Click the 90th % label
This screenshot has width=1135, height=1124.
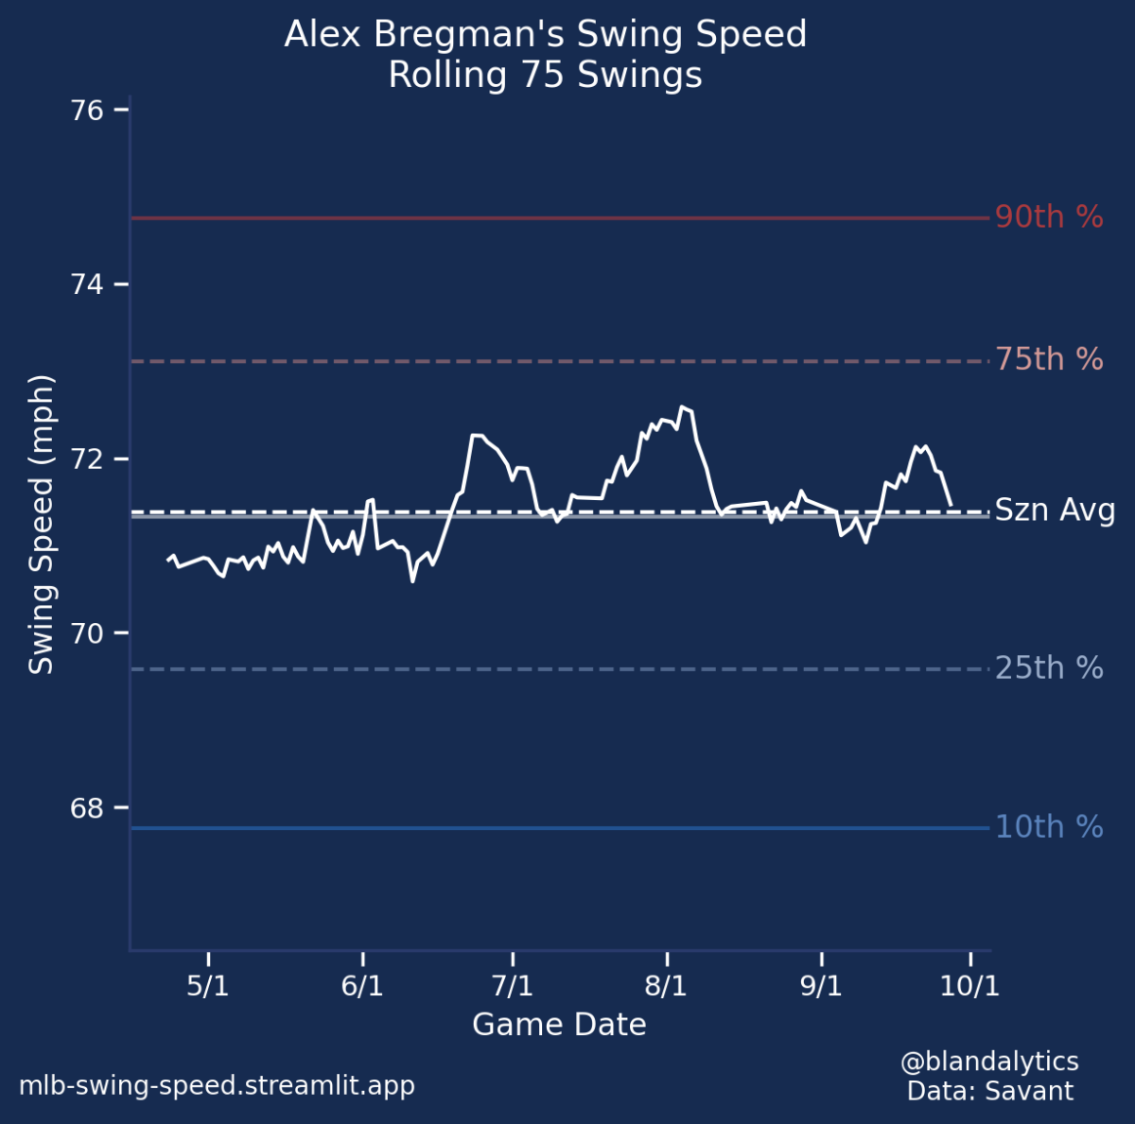click(x=1048, y=217)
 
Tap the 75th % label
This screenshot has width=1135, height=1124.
click(x=1048, y=360)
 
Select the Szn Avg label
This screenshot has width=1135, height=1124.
click(x=1055, y=511)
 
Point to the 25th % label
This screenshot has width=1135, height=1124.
click(x=1048, y=668)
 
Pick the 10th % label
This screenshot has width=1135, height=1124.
click(x=1048, y=827)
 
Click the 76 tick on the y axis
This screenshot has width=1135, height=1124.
click(x=87, y=111)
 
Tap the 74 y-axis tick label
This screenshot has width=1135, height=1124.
click(x=87, y=285)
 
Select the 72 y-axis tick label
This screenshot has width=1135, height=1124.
click(x=87, y=459)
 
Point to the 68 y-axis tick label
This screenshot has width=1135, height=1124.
click(x=87, y=808)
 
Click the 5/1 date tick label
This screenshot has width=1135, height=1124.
click(x=208, y=986)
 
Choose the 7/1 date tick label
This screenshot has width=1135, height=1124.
click(x=513, y=986)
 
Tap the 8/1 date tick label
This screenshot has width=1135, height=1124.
click(x=666, y=986)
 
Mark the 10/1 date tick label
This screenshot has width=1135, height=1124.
click(x=969, y=986)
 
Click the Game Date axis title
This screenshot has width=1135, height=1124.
click(x=559, y=1025)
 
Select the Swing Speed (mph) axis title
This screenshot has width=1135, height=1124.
click(x=42, y=525)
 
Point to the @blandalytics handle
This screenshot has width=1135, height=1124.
click(x=989, y=1061)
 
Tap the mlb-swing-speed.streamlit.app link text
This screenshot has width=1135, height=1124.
click(x=217, y=1085)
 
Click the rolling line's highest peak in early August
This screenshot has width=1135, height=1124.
click(x=682, y=406)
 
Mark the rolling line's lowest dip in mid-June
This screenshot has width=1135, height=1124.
click(x=412, y=580)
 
